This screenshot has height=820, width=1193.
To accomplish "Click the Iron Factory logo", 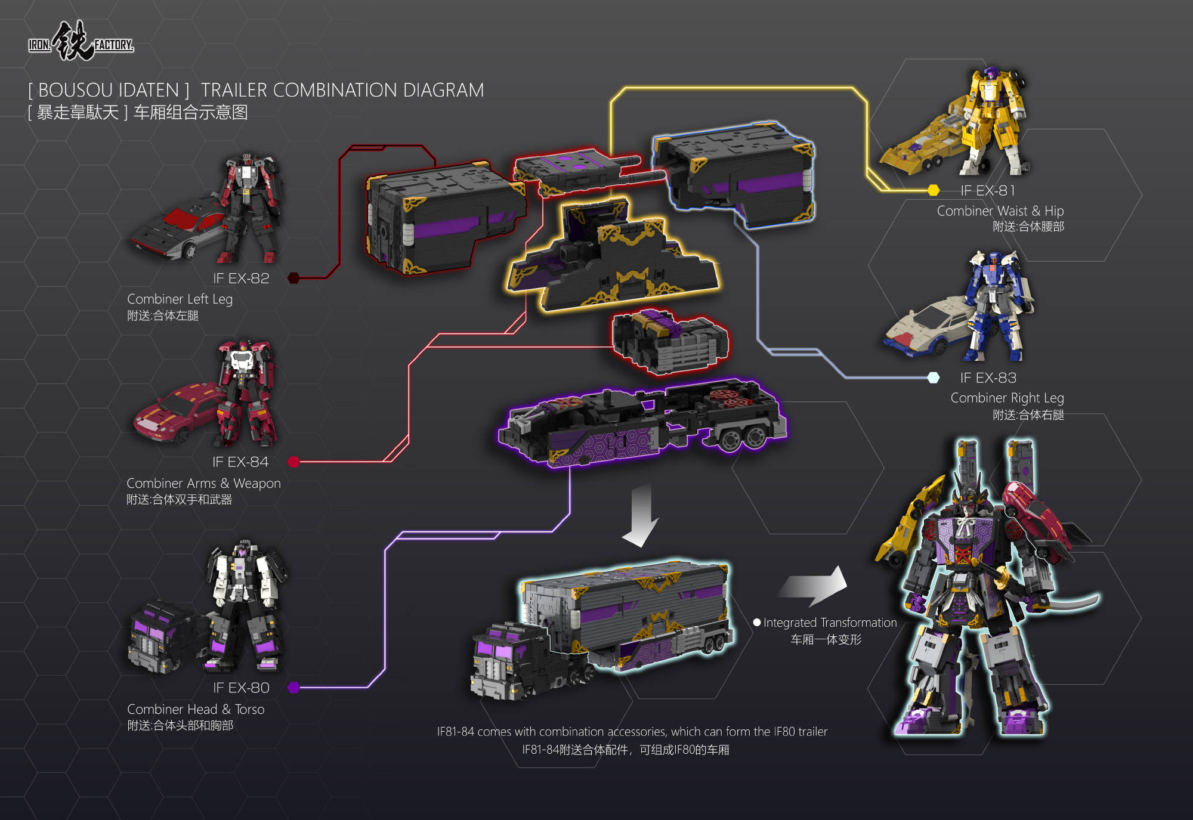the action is click(x=81, y=42).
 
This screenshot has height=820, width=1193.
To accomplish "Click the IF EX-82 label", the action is click(x=241, y=279).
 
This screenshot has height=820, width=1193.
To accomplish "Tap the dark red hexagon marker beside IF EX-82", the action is click(x=293, y=278).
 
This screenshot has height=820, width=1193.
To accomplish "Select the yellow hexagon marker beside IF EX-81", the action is click(x=934, y=190).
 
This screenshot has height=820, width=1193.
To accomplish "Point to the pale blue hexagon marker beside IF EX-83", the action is click(x=934, y=377).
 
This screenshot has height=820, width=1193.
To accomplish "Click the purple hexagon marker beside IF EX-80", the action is click(x=293, y=688).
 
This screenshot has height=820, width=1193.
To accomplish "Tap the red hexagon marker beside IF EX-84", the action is click(x=293, y=462).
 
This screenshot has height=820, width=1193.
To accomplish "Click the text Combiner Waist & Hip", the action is click(x=1000, y=211).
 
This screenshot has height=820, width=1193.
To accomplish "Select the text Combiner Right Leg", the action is click(x=1007, y=398).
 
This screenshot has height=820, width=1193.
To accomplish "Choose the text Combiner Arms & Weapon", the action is click(x=203, y=483).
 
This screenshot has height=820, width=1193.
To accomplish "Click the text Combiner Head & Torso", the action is click(x=196, y=709).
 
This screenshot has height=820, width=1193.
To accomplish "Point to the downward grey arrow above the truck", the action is click(x=641, y=515).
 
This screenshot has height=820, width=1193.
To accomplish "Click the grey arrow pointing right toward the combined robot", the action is click(x=813, y=586).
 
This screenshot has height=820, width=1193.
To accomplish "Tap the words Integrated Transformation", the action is click(x=830, y=623).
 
